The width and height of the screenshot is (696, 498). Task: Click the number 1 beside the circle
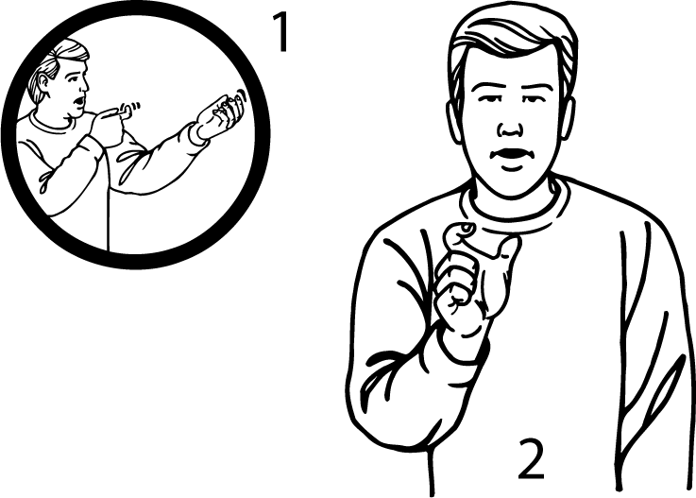280,32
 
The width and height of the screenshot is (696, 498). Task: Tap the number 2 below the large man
531,459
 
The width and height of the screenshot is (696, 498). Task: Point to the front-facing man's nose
511,128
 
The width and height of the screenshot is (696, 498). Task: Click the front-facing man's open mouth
511,156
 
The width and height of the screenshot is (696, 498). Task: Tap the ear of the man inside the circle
43,83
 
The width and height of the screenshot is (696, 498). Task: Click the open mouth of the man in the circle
79,102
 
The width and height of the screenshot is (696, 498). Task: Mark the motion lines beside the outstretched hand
242,95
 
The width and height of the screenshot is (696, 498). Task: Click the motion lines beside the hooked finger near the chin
136,106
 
